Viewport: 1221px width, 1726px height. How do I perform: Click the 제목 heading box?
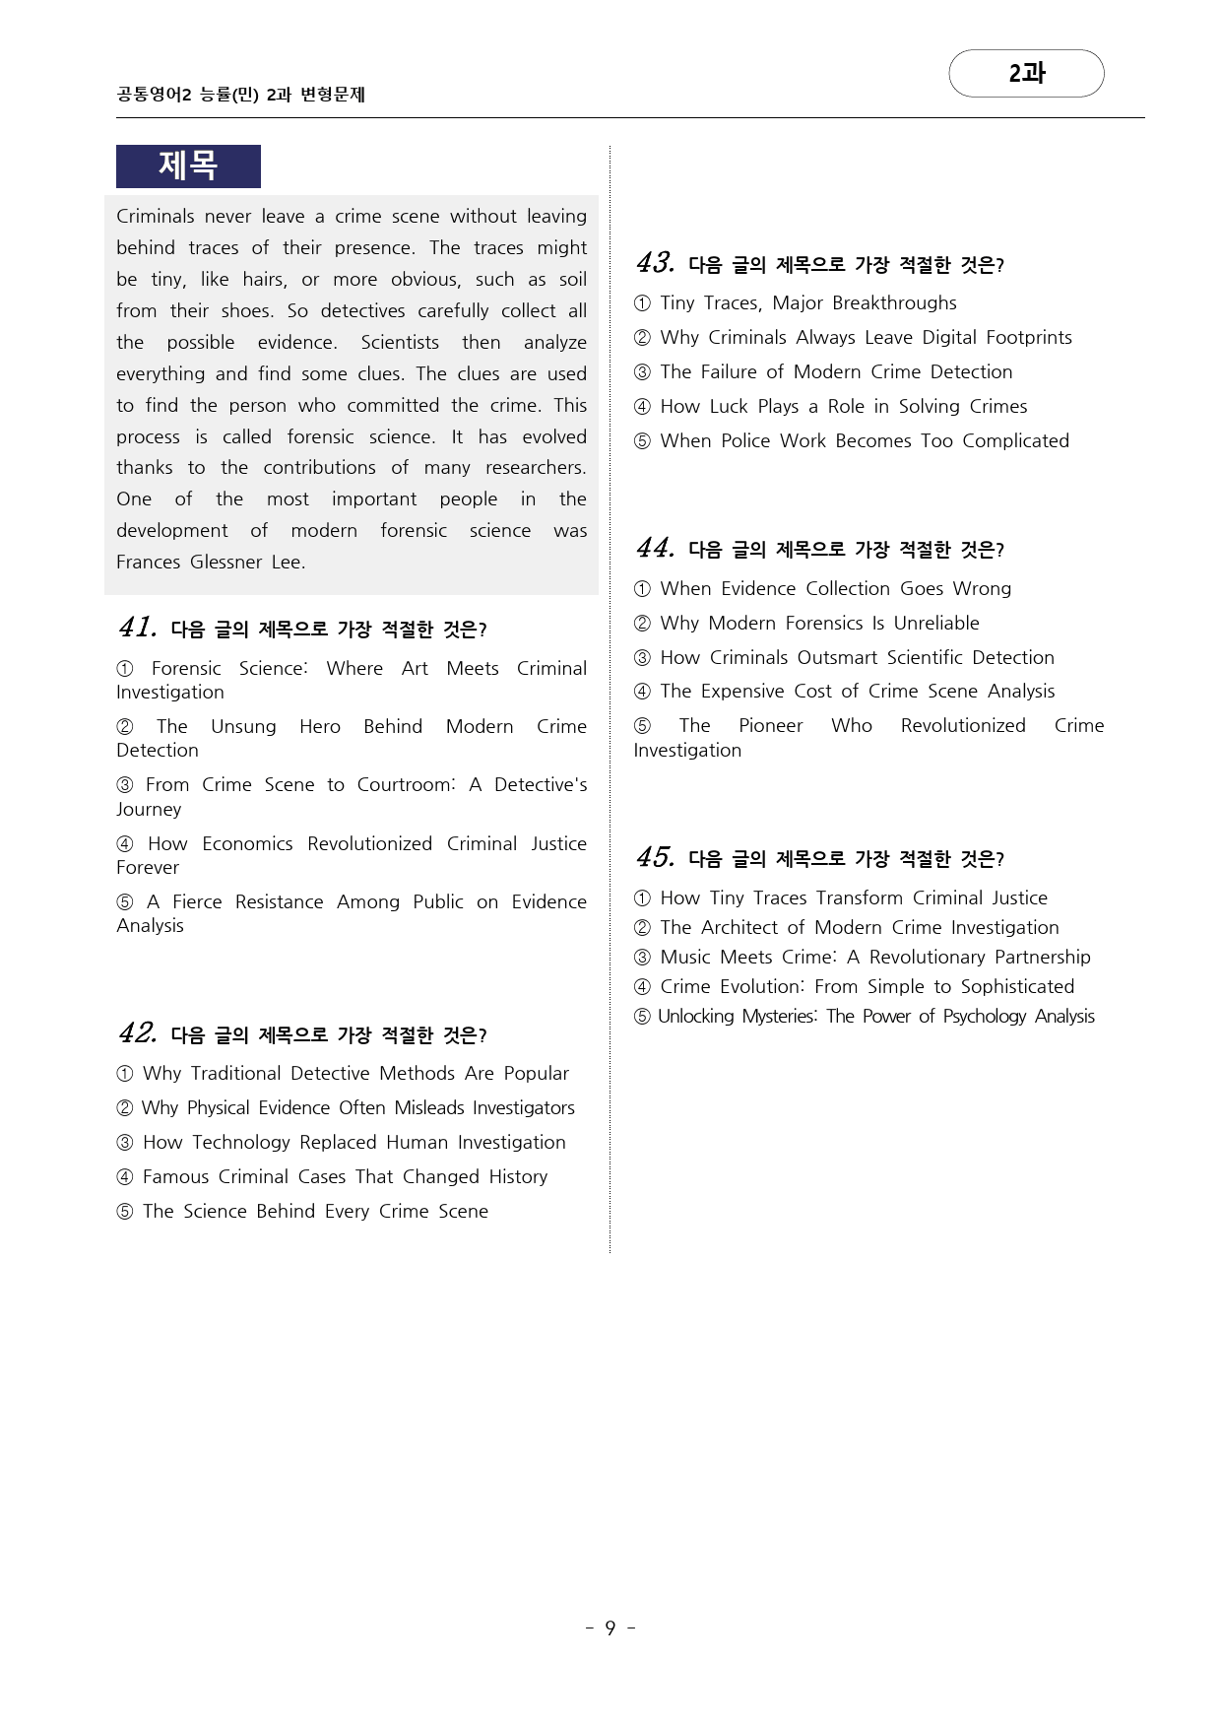(188, 166)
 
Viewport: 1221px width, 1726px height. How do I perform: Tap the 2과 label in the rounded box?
(1026, 73)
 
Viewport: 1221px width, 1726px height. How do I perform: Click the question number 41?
(137, 628)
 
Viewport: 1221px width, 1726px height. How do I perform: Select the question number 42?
(137, 1033)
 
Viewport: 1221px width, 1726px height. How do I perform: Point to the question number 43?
(655, 263)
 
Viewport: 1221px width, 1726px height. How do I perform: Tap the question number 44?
(655, 549)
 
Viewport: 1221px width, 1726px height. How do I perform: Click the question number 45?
(655, 858)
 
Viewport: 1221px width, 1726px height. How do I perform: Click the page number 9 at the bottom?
(610, 1627)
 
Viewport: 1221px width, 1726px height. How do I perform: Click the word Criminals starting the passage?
(155, 216)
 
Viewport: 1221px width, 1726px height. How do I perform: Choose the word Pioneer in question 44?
(770, 725)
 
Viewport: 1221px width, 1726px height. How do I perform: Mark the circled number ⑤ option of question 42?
(125, 1211)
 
